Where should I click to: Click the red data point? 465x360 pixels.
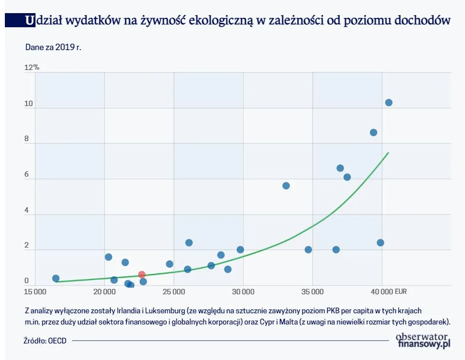tap(142, 275)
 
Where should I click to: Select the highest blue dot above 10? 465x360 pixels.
tap(389, 103)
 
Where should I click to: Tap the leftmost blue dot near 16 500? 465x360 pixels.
tap(56, 279)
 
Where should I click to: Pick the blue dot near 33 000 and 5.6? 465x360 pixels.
tap(286, 186)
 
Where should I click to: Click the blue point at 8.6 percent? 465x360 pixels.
tap(373, 132)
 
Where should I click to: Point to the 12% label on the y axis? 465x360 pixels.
tap(32, 68)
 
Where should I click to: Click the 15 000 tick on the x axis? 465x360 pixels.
tap(35, 292)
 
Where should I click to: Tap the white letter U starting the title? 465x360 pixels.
tap(30, 20)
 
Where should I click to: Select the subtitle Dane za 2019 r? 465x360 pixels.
tap(53, 47)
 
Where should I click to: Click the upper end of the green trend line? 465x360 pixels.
tap(388, 153)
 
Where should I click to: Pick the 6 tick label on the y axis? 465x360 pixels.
tap(27, 175)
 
